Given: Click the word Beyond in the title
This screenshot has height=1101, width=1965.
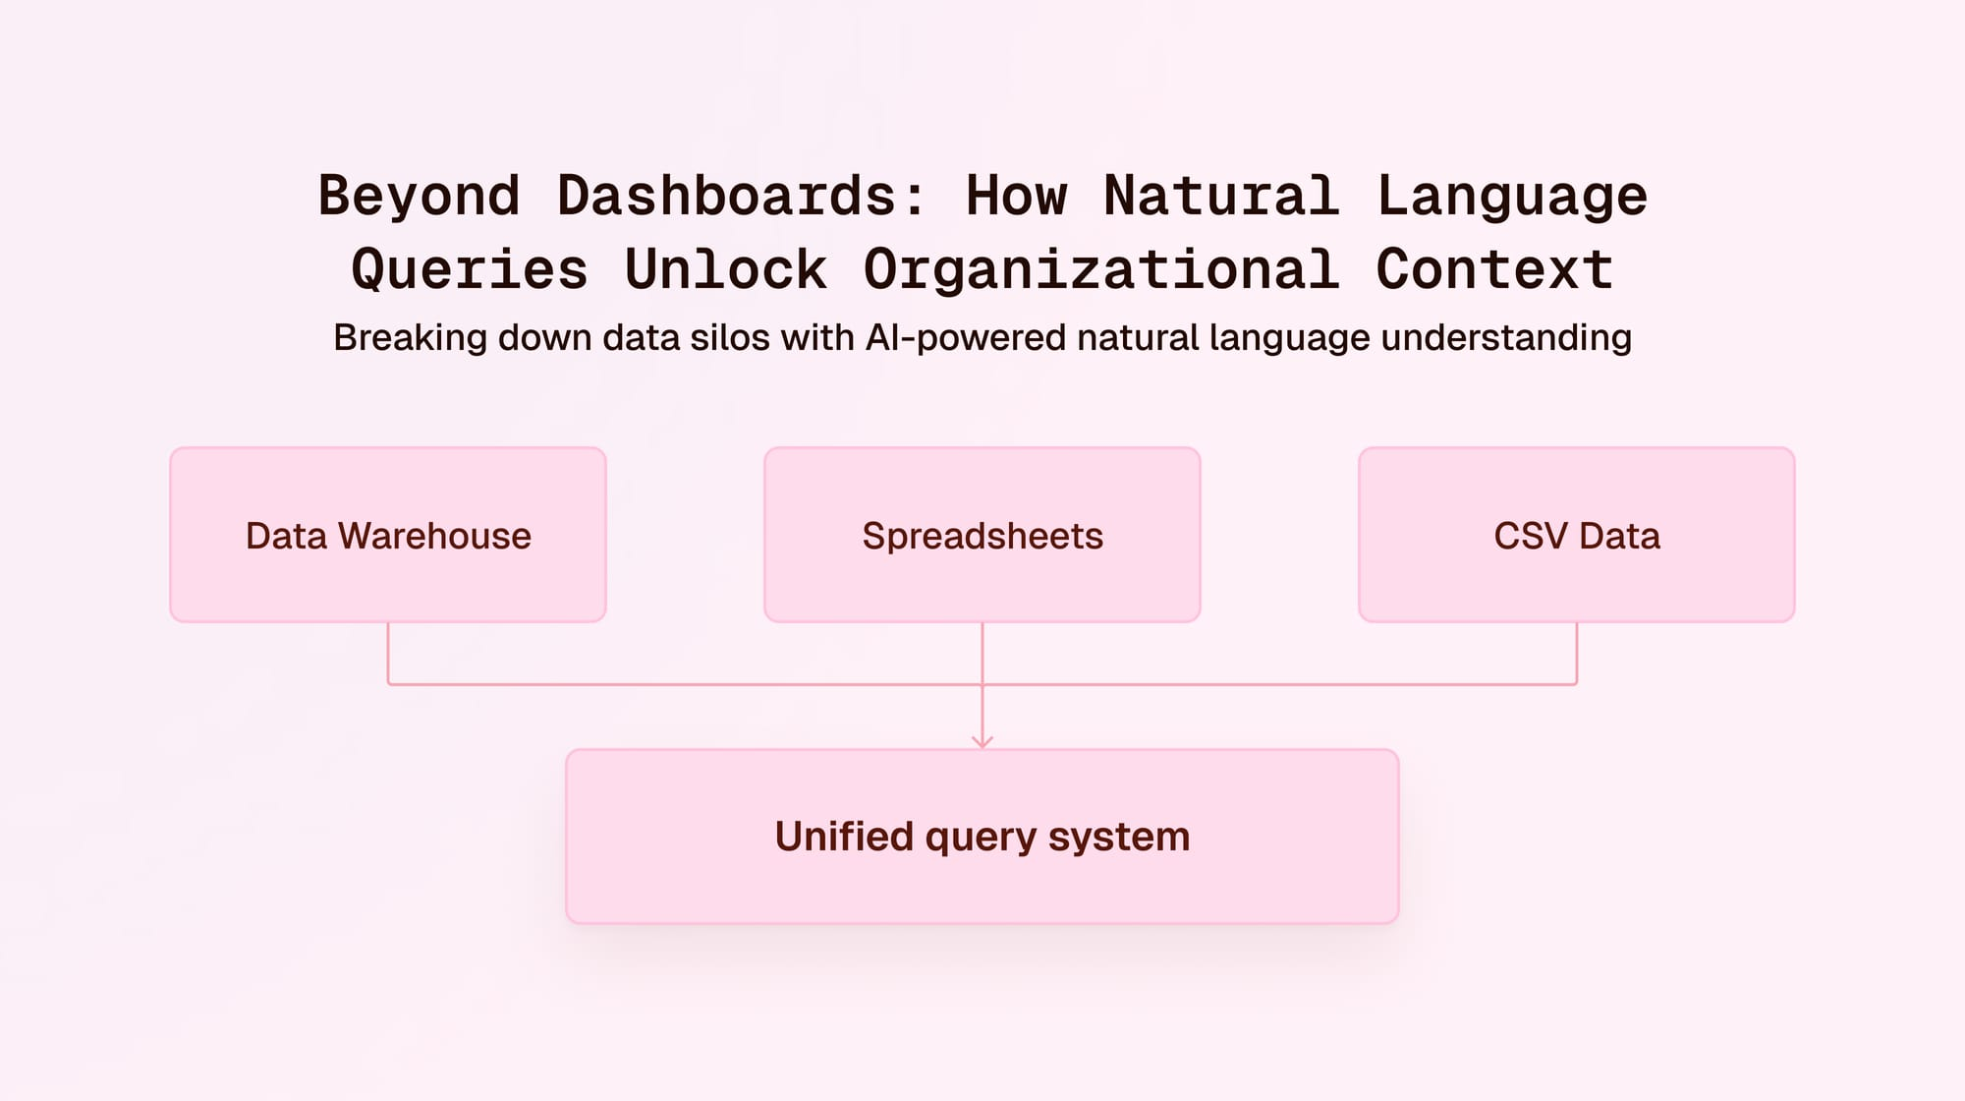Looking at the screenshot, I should pyautogui.click(x=419, y=196).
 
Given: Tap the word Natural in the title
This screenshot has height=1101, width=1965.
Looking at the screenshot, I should pyautogui.click(x=1221, y=196).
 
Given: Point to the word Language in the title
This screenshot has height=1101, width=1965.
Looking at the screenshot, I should pyautogui.click(x=1511, y=196).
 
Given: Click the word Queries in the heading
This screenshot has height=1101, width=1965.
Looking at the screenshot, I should pyautogui.click(x=470, y=269).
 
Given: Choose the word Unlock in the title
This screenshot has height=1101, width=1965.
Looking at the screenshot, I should pyautogui.click(x=726, y=269).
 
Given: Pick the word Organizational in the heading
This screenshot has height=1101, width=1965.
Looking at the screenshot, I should pyautogui.click(x=1100, y=269).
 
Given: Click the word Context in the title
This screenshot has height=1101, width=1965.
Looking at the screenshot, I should pyautogui.click(x=1493, y=269).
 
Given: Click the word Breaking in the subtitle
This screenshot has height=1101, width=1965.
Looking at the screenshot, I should pyautogui.click(x=410, y=337).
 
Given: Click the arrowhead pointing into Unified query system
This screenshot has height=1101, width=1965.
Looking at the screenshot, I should pyautogui.click(x=982, y=742).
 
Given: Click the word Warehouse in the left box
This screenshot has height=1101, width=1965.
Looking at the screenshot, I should pyautogui.click(x=434, y=536).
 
